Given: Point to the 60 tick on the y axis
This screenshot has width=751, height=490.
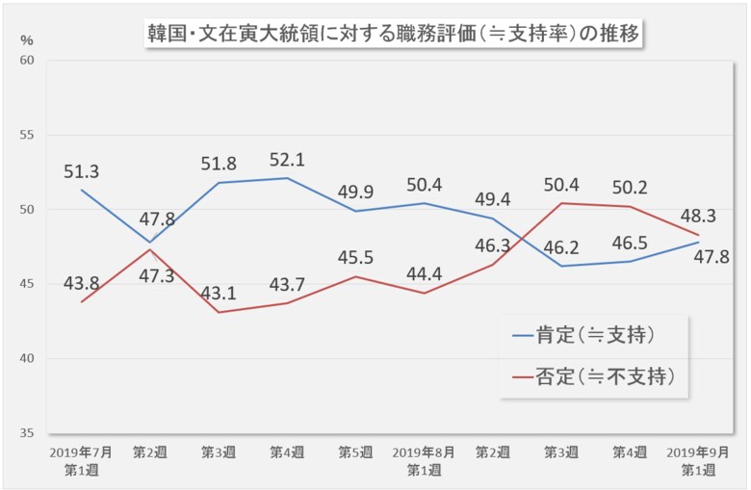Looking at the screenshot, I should pyautogui.click(x=26, y=61).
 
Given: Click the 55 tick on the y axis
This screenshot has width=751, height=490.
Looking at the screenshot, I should pyautogui.click(x=26, y=135).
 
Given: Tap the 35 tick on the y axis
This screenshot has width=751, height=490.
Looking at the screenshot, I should pyautogui.click(x=26, y=433).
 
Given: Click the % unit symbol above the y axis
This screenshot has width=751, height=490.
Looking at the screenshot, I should pyautogui.click(x=26, y=40).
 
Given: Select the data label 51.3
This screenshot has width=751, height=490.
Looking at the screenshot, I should pyautogui.click(x=82, y=172).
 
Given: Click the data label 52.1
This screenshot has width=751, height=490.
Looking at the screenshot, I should pyautogui.click(x=286, y=160).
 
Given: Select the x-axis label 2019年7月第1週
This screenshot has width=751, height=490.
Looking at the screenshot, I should pyautogui.click(x=82, y=459).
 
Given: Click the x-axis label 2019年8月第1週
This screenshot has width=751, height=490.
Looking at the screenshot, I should pyautogui.click(x=425, y=459).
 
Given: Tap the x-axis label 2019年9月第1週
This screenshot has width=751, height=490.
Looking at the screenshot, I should pyautogui.click(x=698, y=459).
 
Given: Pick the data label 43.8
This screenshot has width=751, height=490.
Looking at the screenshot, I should pyautogui.click(x=82, y=284).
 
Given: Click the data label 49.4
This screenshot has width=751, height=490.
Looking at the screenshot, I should pyautogui.click(x=492, y=198).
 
